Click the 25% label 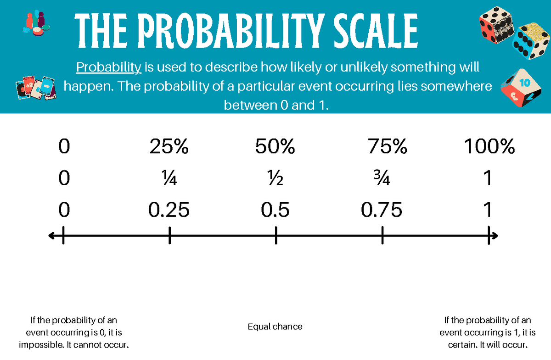coord(169,147)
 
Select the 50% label coord(275,147)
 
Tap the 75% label coord(387,147)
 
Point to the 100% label coord(489,147)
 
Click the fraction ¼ coord(169,179)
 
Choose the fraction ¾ coord(382,179)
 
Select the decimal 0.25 coord(169,210)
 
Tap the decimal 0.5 coord(275,210)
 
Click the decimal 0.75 coord(382,210)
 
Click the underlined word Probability coord(108,67)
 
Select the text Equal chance coord(275,327)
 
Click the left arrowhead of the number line coord(51,236)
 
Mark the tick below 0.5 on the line coord(276,236)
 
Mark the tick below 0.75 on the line coord(382,236)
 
